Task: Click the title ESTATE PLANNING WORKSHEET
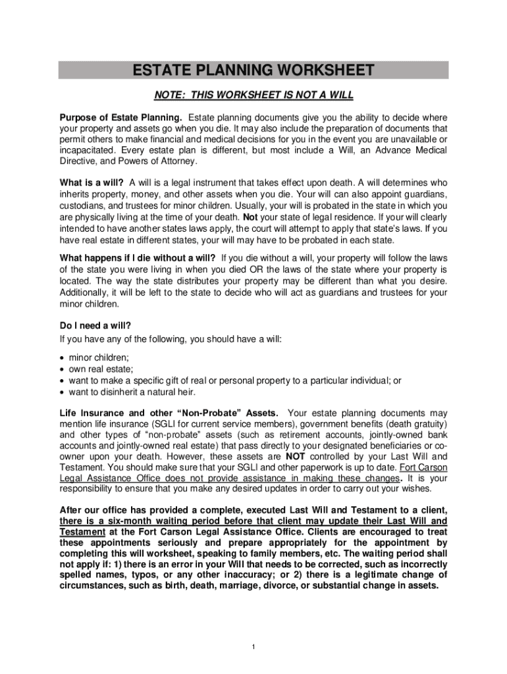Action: coord(254,70)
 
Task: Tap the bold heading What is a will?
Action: coord(92,182)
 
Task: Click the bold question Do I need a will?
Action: coord(95,325)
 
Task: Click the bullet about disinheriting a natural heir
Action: coord(132,392)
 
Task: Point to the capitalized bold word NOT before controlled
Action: coord(296,455)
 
